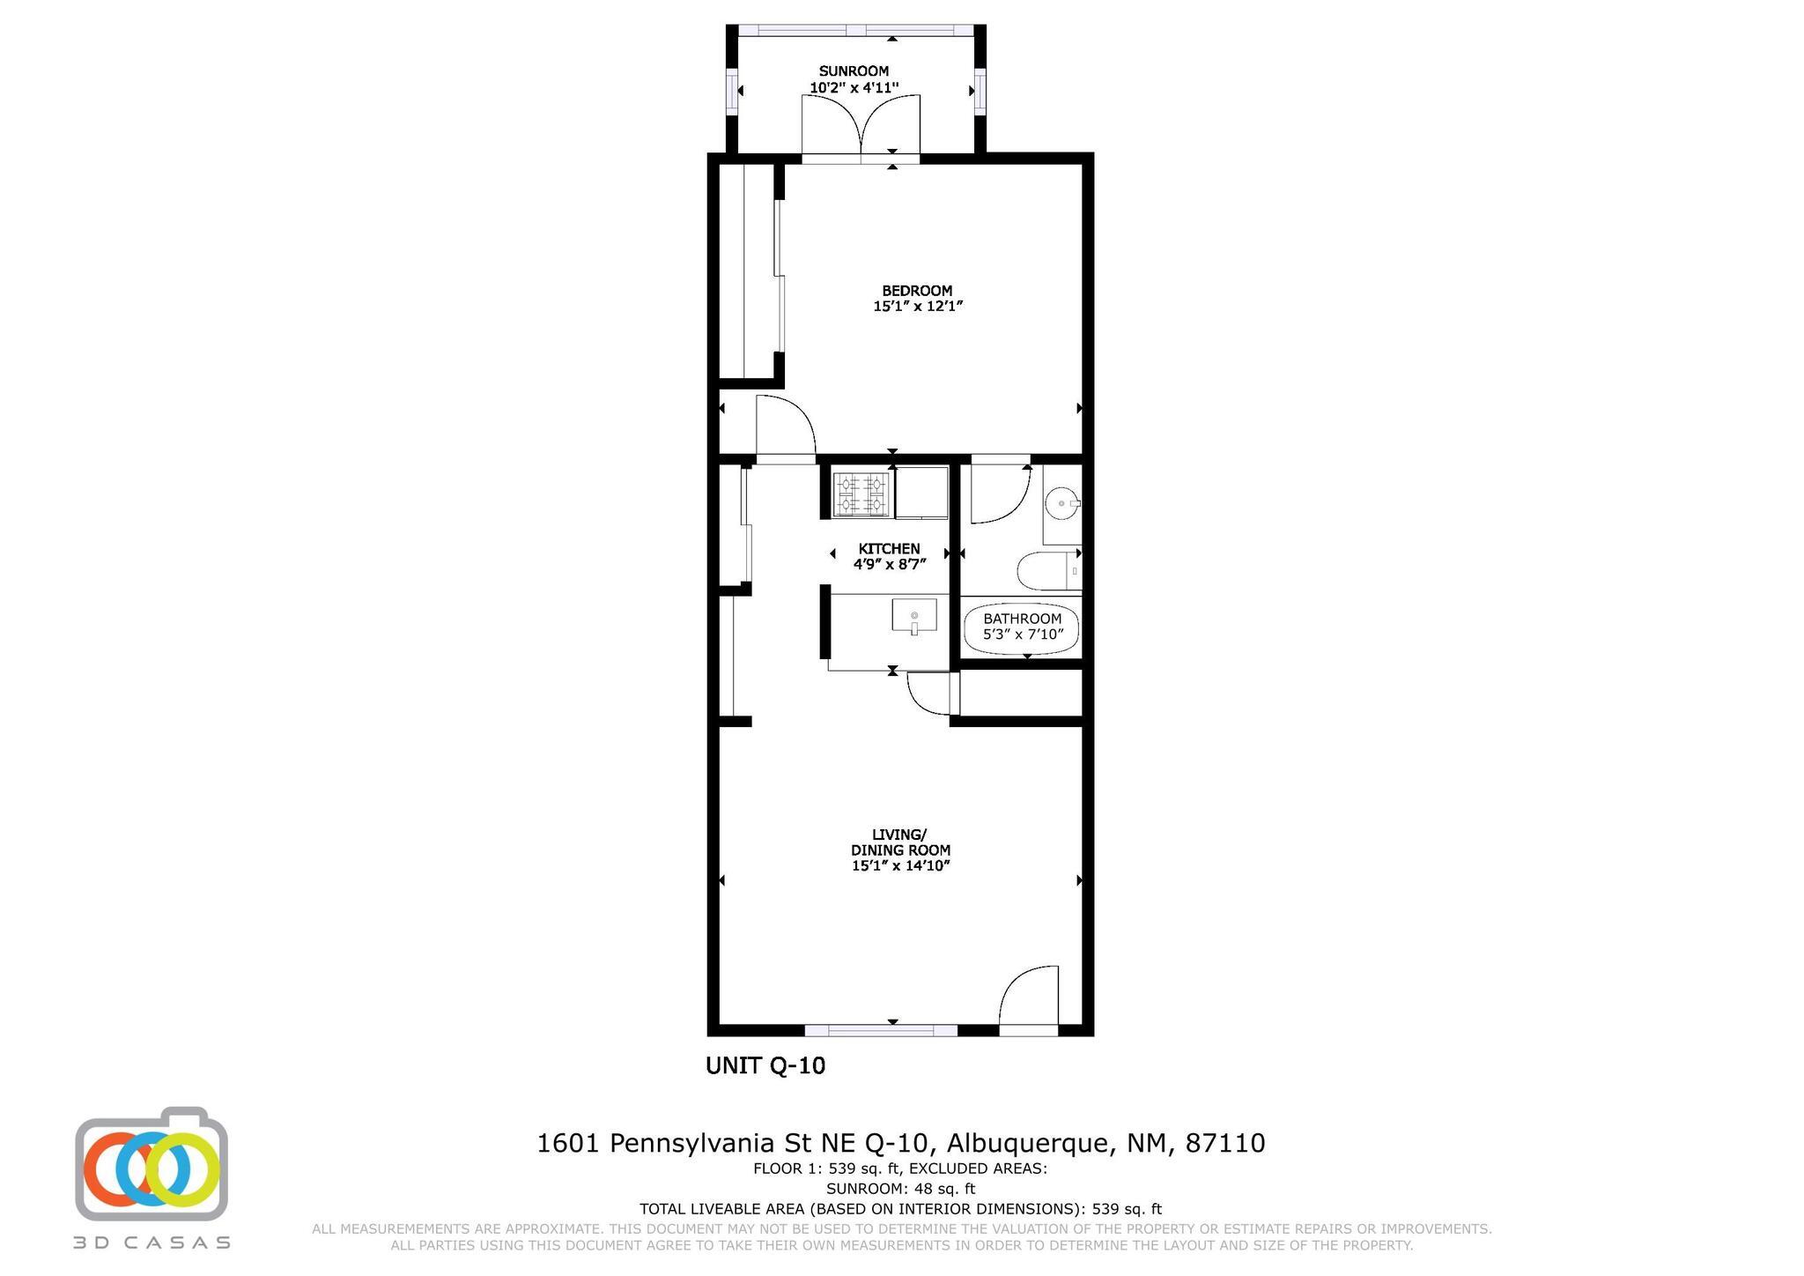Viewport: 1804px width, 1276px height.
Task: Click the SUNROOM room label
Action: (x=854, y=71)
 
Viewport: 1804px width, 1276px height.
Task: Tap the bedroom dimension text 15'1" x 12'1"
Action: (x=918, y=307)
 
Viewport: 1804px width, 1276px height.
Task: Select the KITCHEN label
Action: (x=889, y=549)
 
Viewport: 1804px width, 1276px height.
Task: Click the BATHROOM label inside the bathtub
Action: (x=1022, y=619)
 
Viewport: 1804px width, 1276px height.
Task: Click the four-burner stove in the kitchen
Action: (x=861, y=494)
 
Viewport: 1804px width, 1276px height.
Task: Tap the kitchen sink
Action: (x=914, y=615)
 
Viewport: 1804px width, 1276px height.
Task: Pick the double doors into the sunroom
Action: (x=861, y=128)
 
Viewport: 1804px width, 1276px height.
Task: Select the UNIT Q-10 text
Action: (x=765, y=1066)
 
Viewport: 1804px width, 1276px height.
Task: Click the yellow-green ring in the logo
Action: (x=183, y=1170)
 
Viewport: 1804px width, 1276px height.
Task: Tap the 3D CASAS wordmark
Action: (x=152, y=1243)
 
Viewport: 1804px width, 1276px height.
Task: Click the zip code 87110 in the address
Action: (x=1224, y=1144)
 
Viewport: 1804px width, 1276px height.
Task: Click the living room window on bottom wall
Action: (x=881, y=1029)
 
